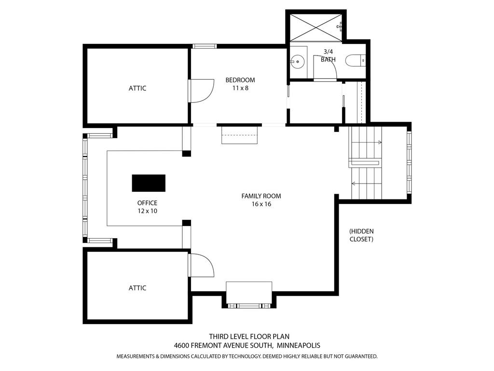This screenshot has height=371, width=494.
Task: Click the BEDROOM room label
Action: coord(240,80)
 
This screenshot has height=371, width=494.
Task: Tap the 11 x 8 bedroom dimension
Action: coord(240,88)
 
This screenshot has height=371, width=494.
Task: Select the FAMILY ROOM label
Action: coord(261,196)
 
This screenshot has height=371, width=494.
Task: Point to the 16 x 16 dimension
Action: coord(261,204)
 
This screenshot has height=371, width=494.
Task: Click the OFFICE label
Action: coord(147,203)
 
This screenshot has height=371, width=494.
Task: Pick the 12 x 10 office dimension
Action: coord(147,211)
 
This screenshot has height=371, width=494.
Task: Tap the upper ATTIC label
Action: coord(137,88)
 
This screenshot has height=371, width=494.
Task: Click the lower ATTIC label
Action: coord(137,288)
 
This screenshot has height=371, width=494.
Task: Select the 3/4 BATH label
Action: coord(328,56)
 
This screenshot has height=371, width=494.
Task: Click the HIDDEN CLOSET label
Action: coord(361,235)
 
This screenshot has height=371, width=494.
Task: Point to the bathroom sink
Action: coord(297,61)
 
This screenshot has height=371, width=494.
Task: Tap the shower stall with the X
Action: coord(316,27)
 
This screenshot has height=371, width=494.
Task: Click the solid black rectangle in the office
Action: coord(149,183)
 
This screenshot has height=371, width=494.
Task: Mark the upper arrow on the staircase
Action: coord(366,143)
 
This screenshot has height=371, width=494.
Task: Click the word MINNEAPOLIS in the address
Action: coord(298,345)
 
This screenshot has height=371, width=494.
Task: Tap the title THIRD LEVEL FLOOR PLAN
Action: coord(249,337)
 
